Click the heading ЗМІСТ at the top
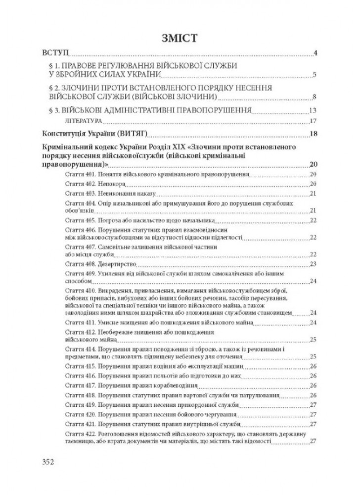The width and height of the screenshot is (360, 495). [x=180, y=38]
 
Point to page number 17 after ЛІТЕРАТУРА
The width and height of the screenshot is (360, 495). [x=312, y=120]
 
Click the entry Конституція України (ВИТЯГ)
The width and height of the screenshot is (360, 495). [x=96, y=133]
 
